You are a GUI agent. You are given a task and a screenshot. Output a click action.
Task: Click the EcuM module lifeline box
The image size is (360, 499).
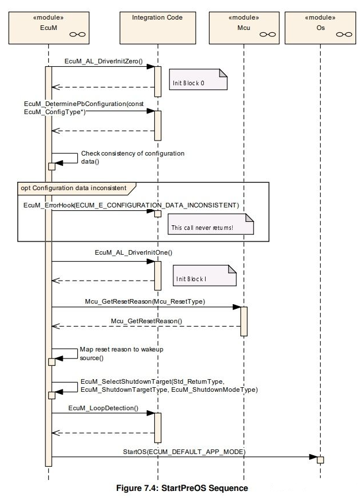pos(48,28)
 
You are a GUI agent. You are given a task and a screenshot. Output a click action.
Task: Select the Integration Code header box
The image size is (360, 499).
pos(158,28)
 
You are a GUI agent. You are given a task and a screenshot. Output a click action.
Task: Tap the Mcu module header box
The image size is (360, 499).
pos(244,28)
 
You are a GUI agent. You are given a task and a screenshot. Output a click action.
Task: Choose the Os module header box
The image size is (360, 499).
pos(320,28)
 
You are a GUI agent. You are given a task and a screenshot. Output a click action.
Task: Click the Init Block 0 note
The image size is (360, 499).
pos(198,80)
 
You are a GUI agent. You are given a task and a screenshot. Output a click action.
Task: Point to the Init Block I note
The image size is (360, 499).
pos(204,275)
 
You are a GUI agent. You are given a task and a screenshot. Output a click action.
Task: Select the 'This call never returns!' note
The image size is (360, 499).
pos(211,224)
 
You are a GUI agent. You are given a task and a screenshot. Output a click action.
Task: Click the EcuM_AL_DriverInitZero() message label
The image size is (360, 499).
pos(104,61)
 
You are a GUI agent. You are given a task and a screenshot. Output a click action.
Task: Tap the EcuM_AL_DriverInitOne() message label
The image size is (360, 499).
pos(134,253)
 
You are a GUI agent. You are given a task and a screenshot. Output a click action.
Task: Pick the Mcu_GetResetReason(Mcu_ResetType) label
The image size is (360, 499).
pos(145,301)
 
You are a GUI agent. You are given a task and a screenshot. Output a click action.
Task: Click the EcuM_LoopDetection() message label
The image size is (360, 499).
pos(103,408)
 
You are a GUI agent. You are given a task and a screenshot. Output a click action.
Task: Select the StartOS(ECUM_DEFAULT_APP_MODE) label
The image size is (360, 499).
pos(184,452)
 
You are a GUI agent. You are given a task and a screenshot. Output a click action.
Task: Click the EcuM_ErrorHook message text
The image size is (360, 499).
pos(131,205)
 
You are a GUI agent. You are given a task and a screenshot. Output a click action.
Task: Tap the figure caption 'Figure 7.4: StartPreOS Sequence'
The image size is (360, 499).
pos(182,488)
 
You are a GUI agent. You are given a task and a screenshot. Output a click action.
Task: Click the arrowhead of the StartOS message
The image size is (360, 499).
pos(313,457)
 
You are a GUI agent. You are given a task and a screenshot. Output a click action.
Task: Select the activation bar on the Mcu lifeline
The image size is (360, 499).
pos(244,322)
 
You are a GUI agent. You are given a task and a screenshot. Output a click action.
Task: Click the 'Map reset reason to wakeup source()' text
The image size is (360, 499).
pos(122,354)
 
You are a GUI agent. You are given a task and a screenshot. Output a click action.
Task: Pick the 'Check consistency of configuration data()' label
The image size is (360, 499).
pos(132,157)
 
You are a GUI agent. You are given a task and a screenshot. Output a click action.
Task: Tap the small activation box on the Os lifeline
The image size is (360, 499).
pos(320,460)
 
